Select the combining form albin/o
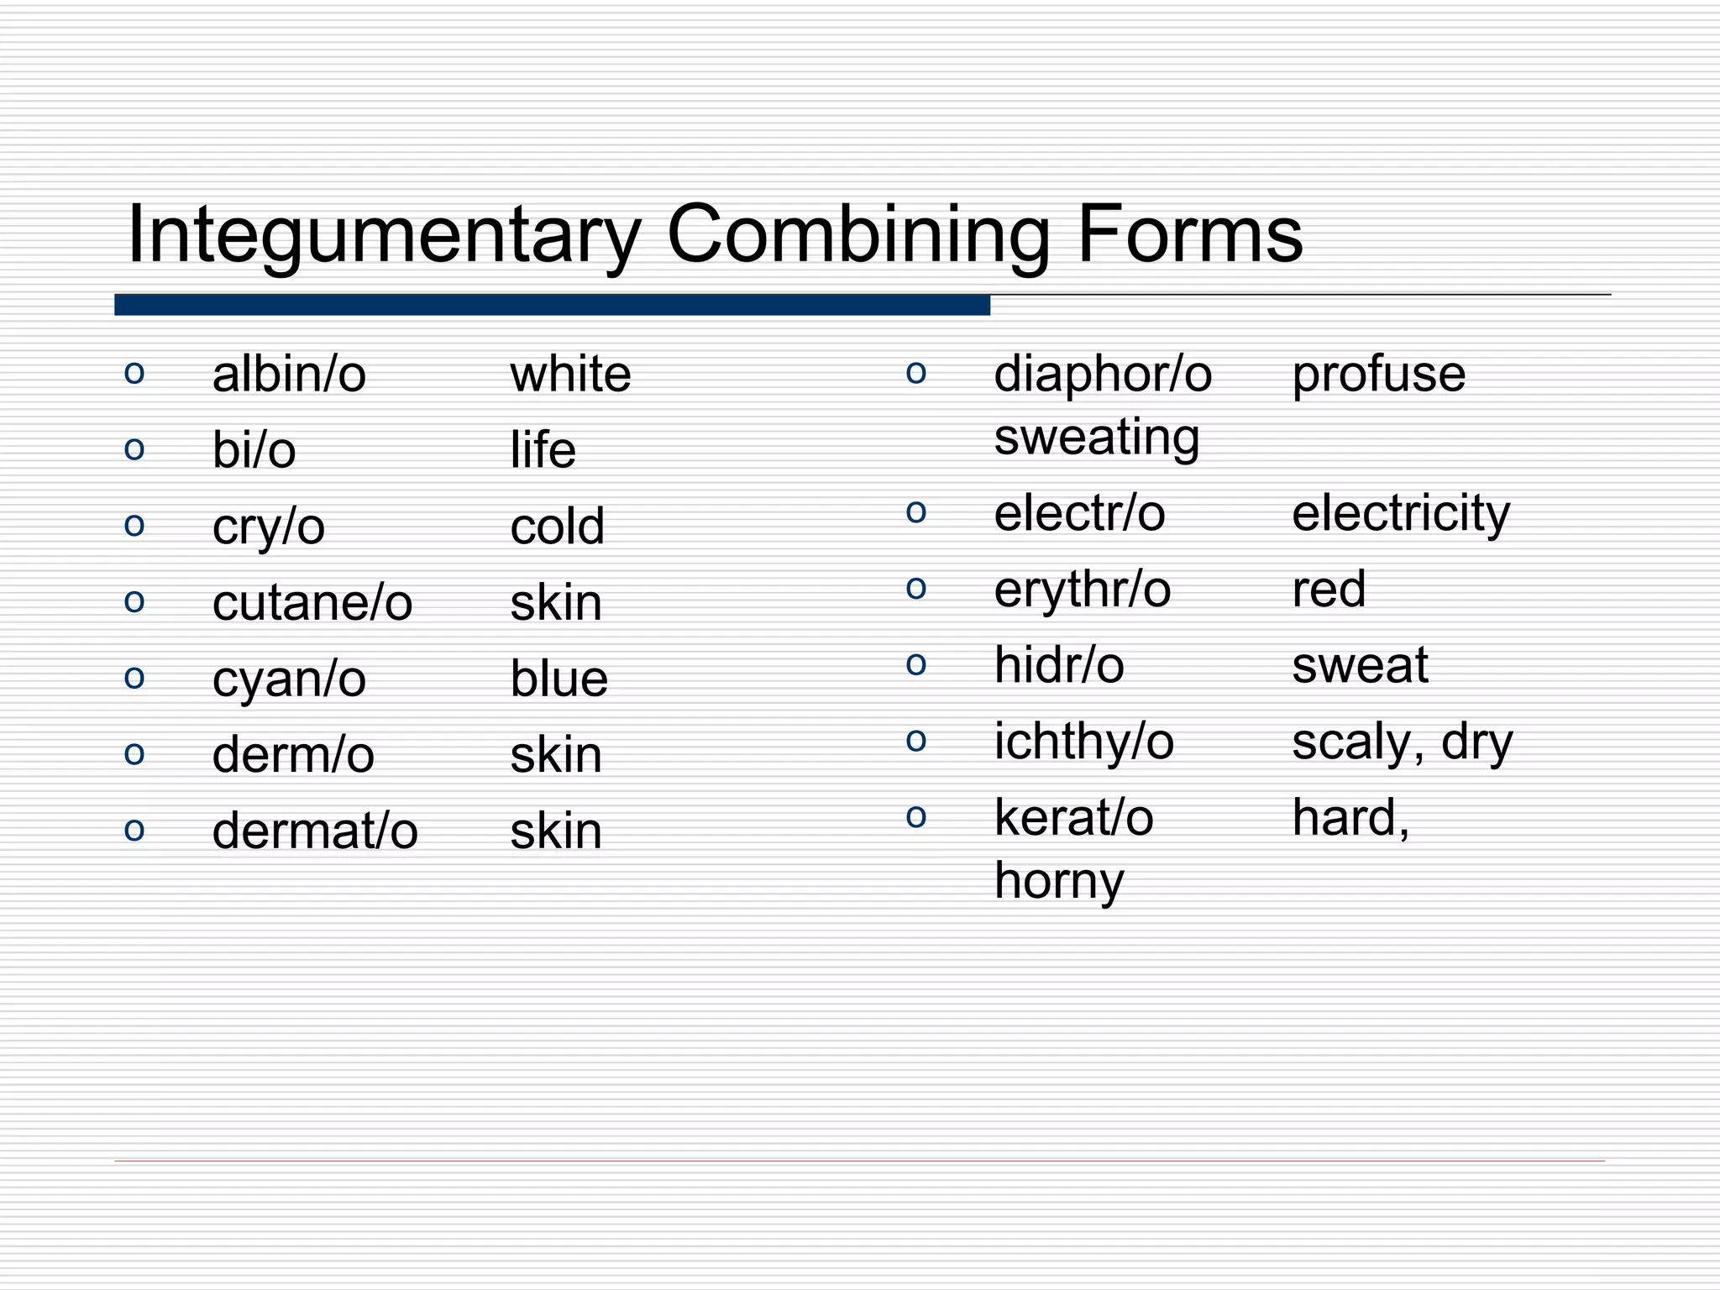click(x=289, y=375)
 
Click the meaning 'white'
click(x=570, y=375)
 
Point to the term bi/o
click(x=254, y=451)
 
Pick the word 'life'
click(x=543, y=450)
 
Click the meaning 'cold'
click(x=557, y=527)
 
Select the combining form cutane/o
click(x=312, y=603)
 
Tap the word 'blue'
click(x=558, y=679)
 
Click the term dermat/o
click(x=315, y=831)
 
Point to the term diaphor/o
click(x=1103, y=375)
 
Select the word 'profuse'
click(x=1378, y=375)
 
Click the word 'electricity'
click(x=1400, y=514)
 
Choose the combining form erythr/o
click(x=1082, y=590)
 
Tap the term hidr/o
click(x=1058, y=666)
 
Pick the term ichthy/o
click(x=1083, y=742)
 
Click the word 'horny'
click(x=1058, y=882)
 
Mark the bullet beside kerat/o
click(x=916, y=816)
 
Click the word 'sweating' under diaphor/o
click(x=1096, y=438)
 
